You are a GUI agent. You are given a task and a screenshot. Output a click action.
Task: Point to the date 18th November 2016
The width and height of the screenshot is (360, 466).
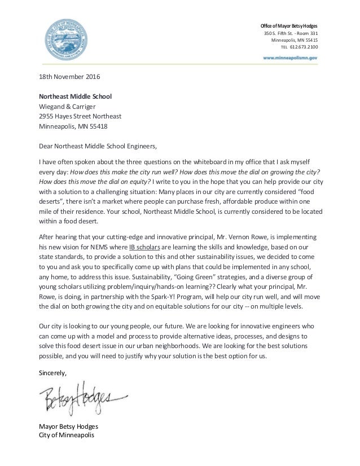coord(70,76)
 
